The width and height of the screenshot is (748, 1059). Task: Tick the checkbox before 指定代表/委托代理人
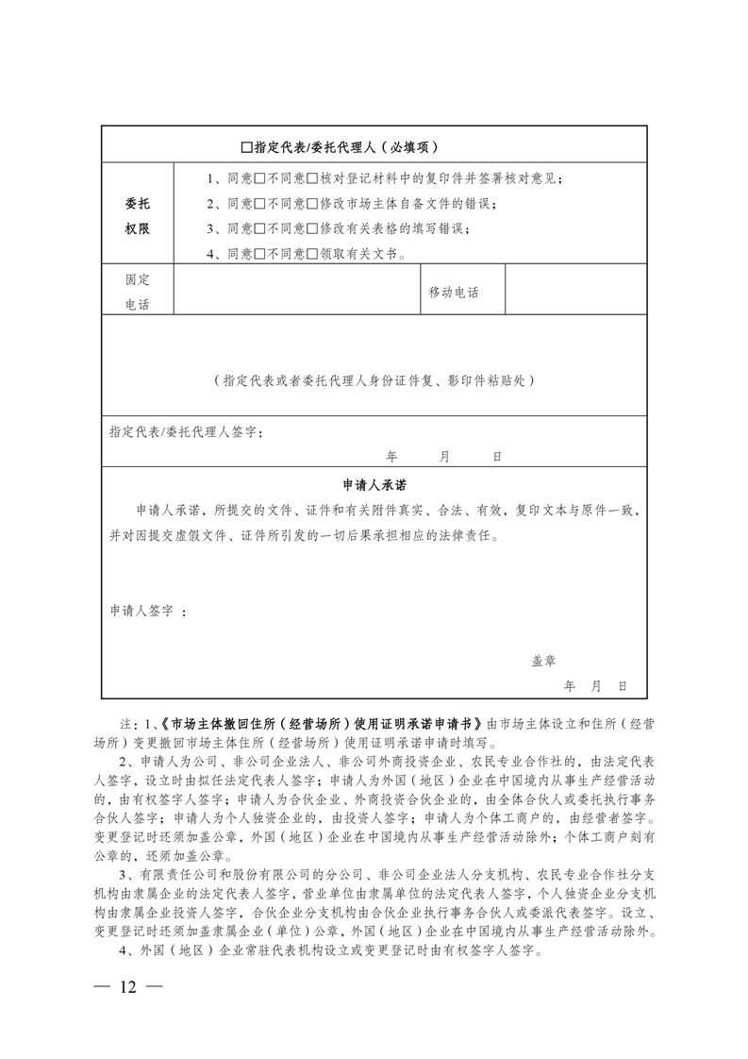247,147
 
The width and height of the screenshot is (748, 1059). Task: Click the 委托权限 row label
137,216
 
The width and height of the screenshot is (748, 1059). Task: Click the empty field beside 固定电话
295,292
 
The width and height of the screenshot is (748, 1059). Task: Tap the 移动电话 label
454,293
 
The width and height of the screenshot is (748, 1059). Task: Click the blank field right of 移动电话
576,292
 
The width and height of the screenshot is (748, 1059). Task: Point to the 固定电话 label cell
137,292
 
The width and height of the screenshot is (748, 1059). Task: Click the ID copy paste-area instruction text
374,380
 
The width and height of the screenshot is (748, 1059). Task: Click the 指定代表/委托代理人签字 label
185,431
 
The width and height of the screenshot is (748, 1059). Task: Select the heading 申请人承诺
374,484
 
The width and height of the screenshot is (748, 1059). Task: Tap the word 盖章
543,662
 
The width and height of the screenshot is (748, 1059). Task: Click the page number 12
127,987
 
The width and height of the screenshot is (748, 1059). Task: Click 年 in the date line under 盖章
569,686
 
